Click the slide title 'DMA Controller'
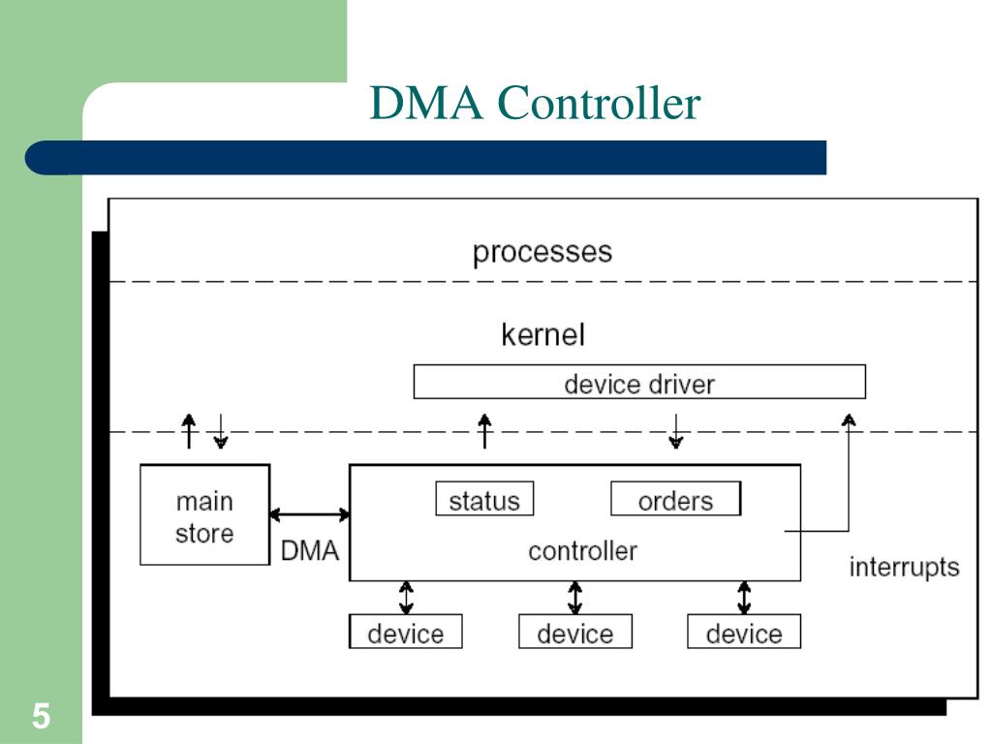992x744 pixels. click(x=535, y=103)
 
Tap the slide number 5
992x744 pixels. click(x=41, y=716)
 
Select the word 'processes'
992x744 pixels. click(x=542, y=253)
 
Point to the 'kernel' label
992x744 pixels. click(x=542, y=334)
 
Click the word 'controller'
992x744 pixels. click(x=582, y=551)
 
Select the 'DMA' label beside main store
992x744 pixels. click(x=309, y=550)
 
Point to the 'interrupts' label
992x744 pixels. click(x=904, y=567)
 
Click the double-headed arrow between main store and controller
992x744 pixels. click(x=309, y=514)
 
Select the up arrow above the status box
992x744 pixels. click(x=484, y=431)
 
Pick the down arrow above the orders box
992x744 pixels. click(x=675, y=431)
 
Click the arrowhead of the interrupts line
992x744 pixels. click(x=849, y=418)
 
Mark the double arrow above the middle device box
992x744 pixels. click(x=574, y=598)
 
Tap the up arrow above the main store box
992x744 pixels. click(x=189, y=431)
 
